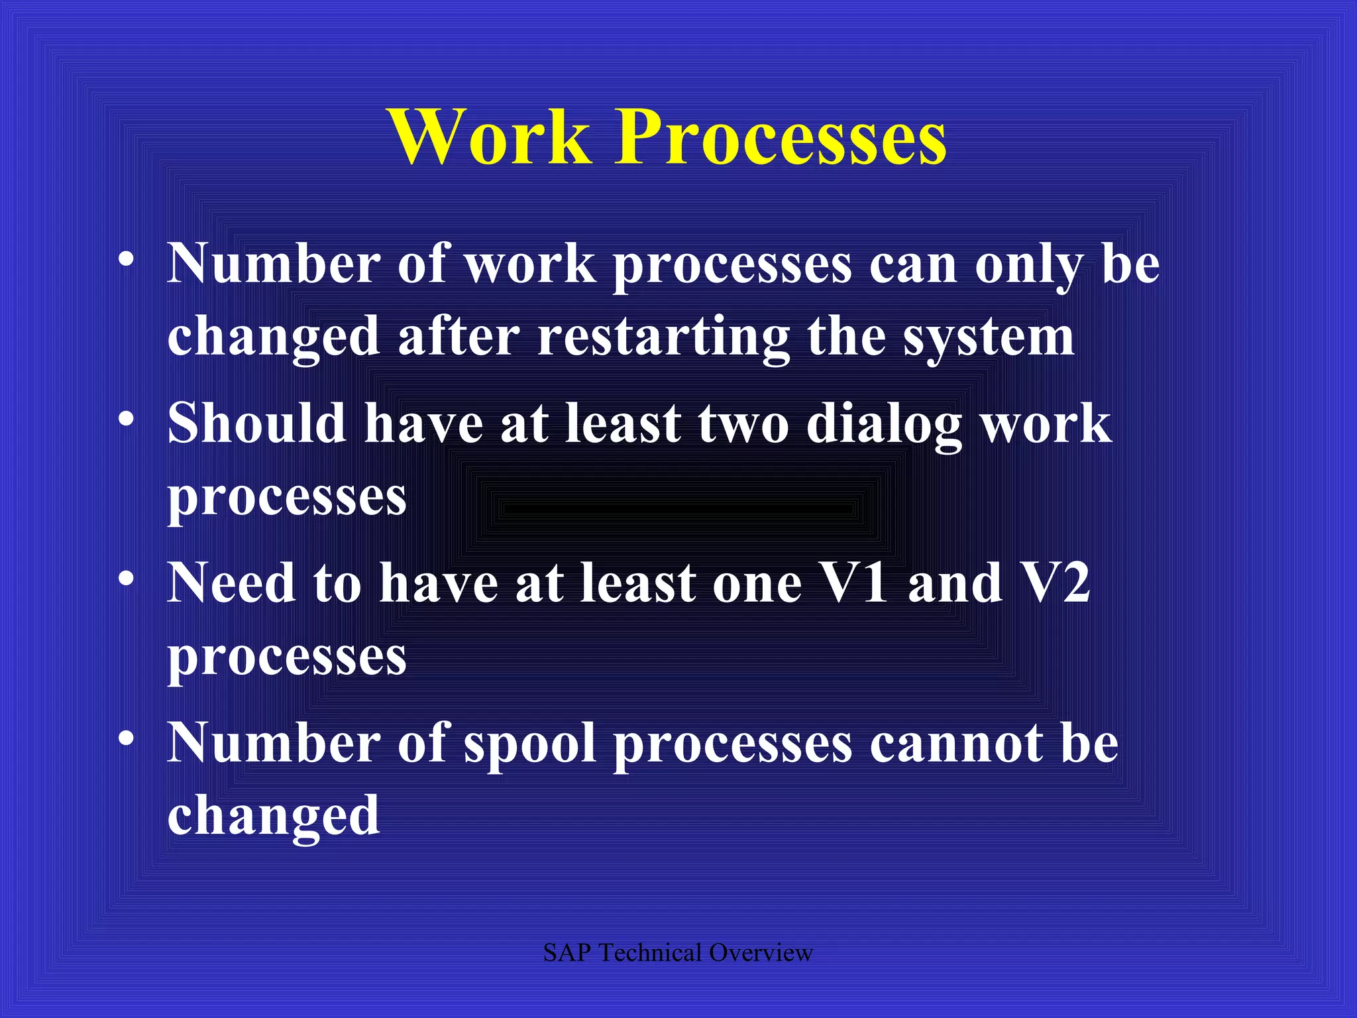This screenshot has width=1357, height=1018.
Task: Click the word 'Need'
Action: click(x=231, y=583)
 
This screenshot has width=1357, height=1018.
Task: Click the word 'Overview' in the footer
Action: click(x=761, y=953)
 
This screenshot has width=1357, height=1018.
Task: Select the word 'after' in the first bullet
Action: click(x=459, y=337)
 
